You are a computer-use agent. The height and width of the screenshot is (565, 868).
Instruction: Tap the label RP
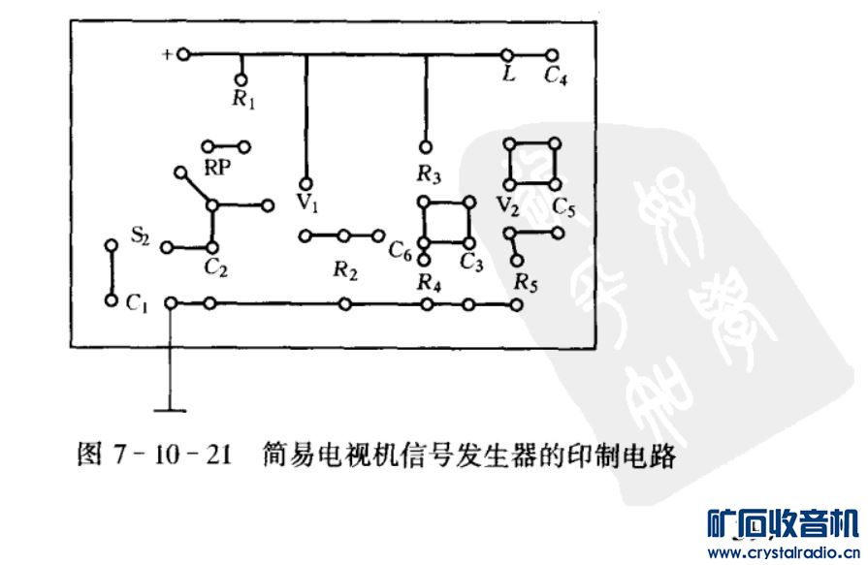click(x=216, y=167)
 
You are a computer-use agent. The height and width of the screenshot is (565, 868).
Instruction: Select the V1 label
click(x=307, y=204)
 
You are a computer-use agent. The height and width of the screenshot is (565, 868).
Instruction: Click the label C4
click(x=555, y=77)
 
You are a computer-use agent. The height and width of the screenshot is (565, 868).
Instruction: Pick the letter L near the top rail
click(x=507, y=75)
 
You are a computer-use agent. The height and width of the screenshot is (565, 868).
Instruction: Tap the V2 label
click(x=506, y=205)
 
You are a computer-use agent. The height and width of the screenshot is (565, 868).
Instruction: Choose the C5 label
click(x=564, y=206)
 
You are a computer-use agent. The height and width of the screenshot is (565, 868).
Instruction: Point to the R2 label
click(x=344, y=272)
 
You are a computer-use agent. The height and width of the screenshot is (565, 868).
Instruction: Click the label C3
click(x=472, y=263)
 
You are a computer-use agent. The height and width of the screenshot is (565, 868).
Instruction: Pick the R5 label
click(x=526, y=284)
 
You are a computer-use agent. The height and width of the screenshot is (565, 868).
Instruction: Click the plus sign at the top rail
click(x=167, y=54)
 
